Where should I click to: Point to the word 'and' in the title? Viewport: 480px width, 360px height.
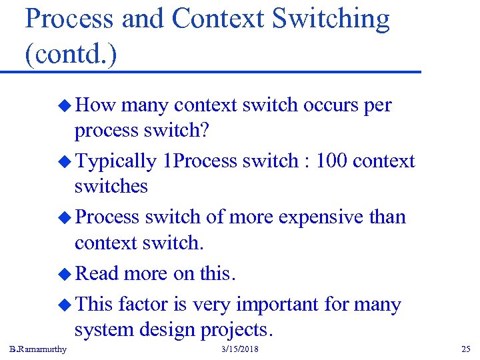143,19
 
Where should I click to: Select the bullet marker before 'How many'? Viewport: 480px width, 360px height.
65,105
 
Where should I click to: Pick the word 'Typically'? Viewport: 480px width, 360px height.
115,161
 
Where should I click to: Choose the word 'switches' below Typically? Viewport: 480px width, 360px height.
111,186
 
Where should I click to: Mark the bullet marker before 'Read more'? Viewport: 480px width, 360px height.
65,273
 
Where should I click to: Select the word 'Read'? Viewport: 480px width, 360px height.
97,273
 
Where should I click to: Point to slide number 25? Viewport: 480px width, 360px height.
465,349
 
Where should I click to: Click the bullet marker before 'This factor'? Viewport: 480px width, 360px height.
65,305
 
